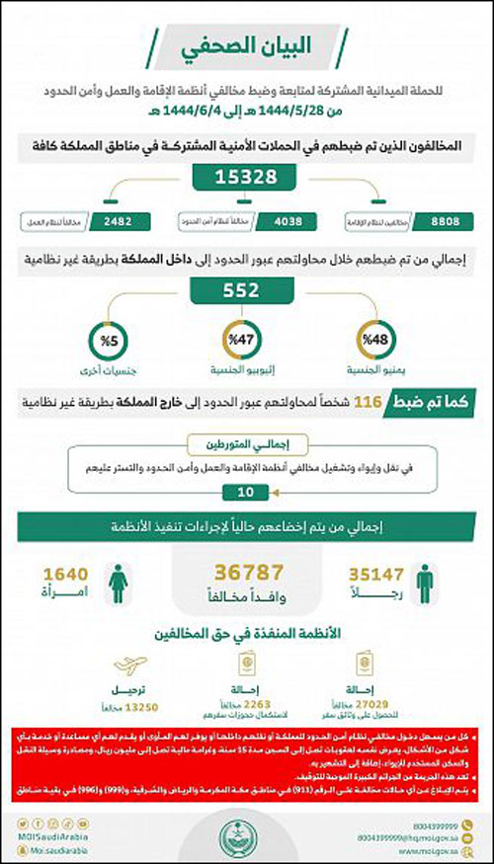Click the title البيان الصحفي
tap(248, 47)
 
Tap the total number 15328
tap(249, 179)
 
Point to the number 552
tap(249, 290)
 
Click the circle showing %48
tap(378, 340)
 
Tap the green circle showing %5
tap(109, 340)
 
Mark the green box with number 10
tap(248, 491)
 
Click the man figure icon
tap(424, 582)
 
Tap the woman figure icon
tap(120, 582)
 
